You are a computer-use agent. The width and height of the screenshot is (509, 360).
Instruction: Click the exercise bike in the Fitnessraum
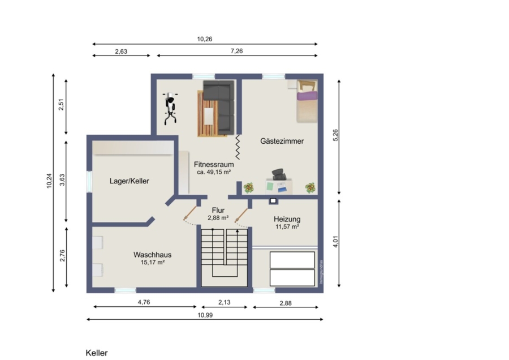pyautogui.click(x=170, y=109)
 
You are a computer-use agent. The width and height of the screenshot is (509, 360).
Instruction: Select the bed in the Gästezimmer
pyautogui.click(x=307, y=101)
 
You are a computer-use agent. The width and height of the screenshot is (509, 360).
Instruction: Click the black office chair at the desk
pyautogui.click(x=278, y=174)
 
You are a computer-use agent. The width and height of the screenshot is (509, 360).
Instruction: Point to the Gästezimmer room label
pyautogui.click(x=282, y=141)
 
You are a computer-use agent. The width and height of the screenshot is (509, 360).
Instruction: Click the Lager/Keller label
pyautogui.click(x=129, y=181)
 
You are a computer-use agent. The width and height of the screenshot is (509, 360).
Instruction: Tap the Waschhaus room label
pyautogui.click(x=152, y=255)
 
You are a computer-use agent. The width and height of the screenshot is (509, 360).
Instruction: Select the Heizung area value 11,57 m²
pyautogui.click(x=287, y=227)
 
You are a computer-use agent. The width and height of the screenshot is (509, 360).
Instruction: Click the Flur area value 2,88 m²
pyautogui.click(x=218, y=218)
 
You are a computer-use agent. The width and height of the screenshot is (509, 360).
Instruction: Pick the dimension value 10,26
pyautogui.click(x=205, y=39)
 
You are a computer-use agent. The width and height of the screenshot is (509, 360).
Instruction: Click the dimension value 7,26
pyautogui.click(x=236, y=51)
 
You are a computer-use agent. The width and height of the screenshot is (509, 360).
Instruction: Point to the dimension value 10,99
pyautogui.click(x=205, y=315)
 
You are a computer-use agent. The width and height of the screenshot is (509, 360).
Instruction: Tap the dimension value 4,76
pyautogui.click(x=144, y=302)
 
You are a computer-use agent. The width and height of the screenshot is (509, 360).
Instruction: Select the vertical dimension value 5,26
pyautogui.click(x=335, y=135)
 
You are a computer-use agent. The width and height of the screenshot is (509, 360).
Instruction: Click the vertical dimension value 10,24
pyautogui.click(x=49, y=181)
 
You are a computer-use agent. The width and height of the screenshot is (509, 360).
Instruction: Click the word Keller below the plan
pyautogui.click(x=96, y=353)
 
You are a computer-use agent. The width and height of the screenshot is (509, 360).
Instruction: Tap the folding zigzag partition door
pyautogui.click(x=238, y=147)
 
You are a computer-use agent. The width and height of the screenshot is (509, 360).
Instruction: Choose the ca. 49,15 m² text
pyautogui.click(x=214, y=172)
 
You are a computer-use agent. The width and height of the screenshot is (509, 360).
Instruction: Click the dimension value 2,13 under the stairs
pyautogui.click(x=225, y=302)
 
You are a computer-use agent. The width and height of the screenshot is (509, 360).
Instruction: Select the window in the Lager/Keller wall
pyautogui.click(x=89, y=182)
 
